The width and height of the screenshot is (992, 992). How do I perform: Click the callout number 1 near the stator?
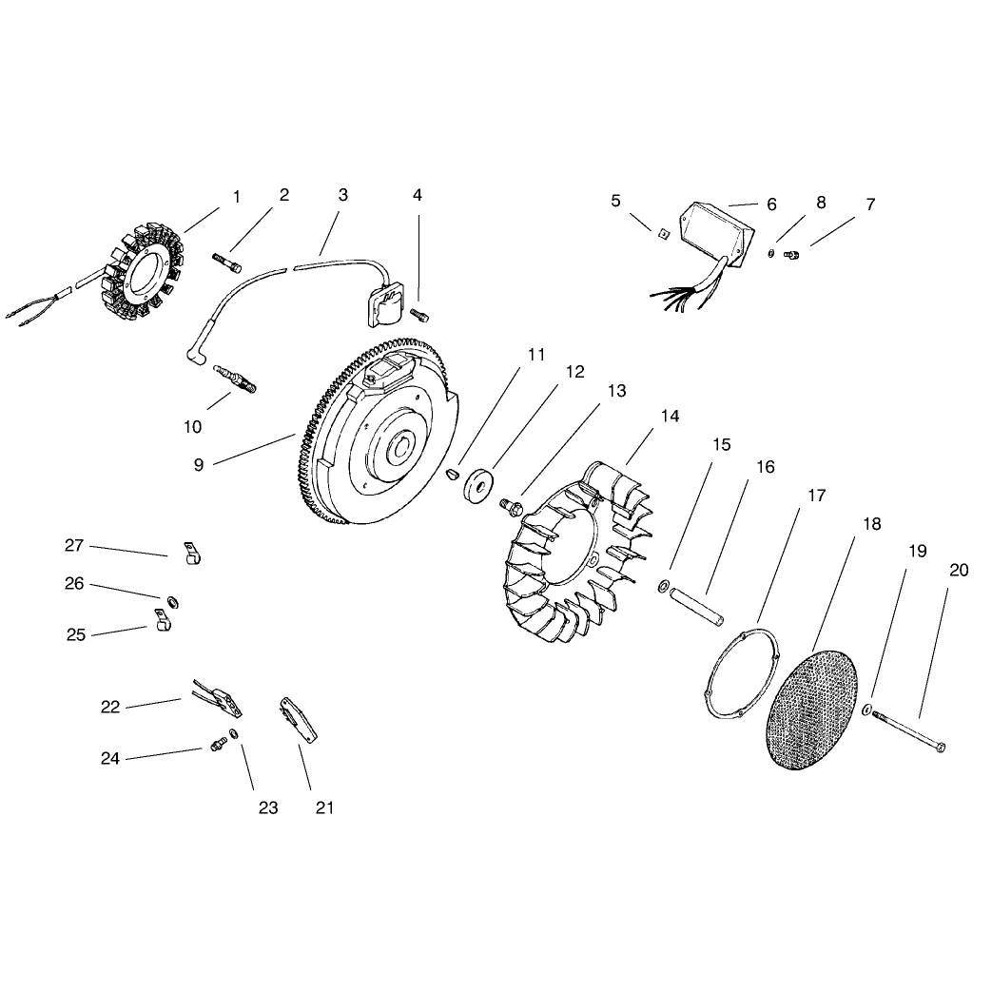pyautogui.click(x=237, y=198)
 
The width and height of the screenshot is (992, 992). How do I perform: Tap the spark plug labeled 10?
pyautogui.click(x=235, y=378)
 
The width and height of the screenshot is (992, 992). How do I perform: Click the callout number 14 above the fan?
pyautogui.click(x=670, y=417)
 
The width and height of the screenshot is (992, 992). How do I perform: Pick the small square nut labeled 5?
pyautogui.click(x=662, y=235)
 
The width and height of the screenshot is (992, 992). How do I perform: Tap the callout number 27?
pyautogui.click(x=74, y=545)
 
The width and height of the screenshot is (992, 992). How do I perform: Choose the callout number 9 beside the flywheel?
pyautogui.click(x=199, y=465)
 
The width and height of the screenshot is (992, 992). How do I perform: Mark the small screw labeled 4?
pyautogui.click(x=419, y=313)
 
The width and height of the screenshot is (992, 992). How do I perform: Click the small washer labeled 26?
pyautogui.click(x=172, y=602)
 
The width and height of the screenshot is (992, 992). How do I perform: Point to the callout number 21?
pyautogui.click(x=324, y=807)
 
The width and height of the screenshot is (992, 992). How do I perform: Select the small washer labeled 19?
pyautogui.click(x=867, y=710)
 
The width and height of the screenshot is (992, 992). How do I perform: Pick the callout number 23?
pyautogui.click(x=268, y=807)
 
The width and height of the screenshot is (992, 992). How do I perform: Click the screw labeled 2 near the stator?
pyautogui.click(x=227, y=263)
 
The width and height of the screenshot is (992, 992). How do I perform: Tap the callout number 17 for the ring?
pyautogui.click(x=817, y=496)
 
